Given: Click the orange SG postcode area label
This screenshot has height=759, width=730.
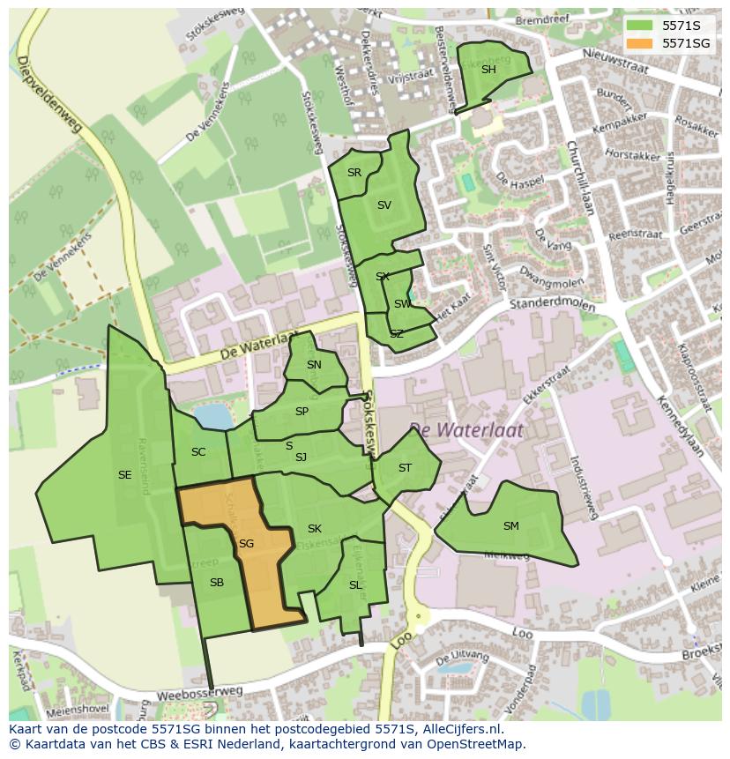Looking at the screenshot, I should [x=246, y=544].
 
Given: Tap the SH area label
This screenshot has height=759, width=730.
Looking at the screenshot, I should [x=488, y=70].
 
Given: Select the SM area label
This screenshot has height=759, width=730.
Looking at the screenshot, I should [x=510, y=526].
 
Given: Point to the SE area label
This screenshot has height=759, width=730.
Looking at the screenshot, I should [x=124, y=475].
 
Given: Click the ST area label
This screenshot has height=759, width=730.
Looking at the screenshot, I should [x=405, y=468].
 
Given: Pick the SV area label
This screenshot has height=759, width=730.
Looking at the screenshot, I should [x=384, y=205].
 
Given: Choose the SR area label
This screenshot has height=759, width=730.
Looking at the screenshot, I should [x=354, y=173].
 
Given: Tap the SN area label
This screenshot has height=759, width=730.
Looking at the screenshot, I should [x=314, y=365].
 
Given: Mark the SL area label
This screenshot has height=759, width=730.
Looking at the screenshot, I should [x=355, y=585].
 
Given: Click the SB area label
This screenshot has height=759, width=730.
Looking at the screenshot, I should [x=217, y=583].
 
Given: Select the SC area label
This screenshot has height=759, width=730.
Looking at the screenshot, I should [x=198, y=452].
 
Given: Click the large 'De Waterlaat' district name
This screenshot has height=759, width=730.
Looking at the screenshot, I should [x=466, y=430].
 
